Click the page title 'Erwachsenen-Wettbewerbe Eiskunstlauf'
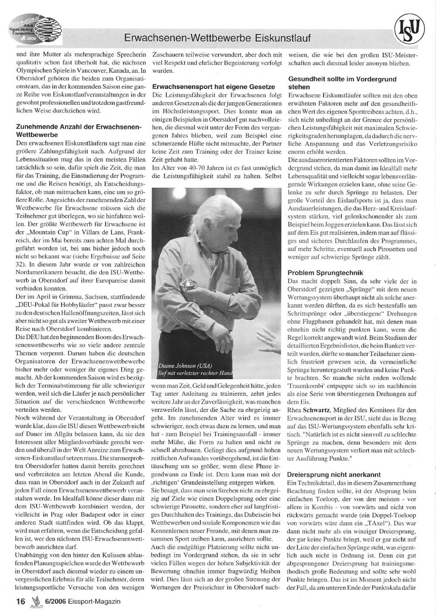[217, 39]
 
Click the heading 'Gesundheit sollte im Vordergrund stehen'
[342, 83]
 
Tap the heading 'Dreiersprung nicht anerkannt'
[334, 474]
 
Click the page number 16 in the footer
[20, 601]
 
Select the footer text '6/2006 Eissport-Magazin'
[82, 601]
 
